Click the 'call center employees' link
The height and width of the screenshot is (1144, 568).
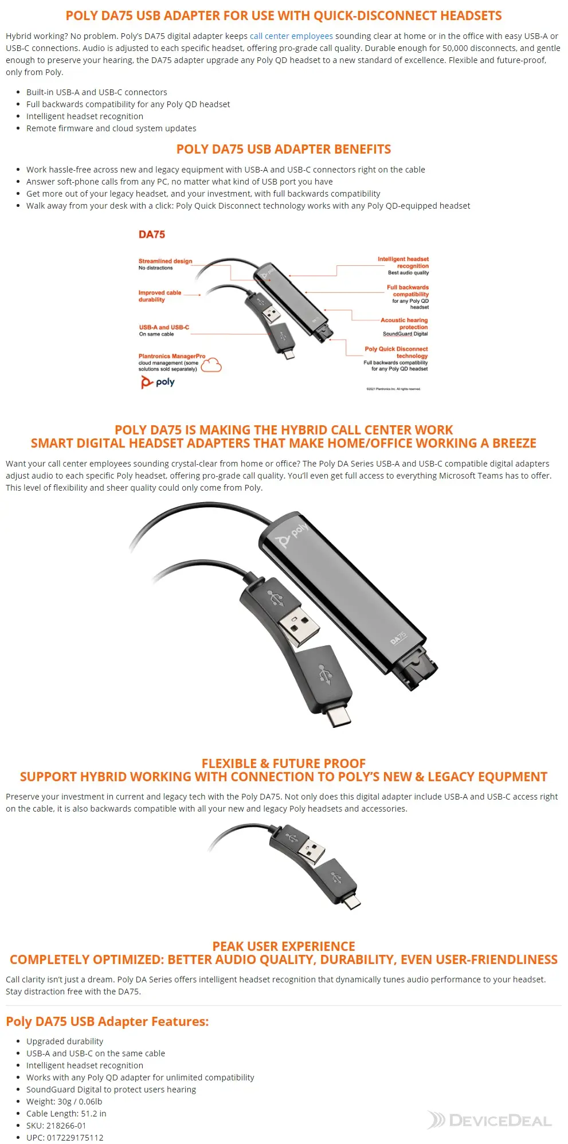[291, 36]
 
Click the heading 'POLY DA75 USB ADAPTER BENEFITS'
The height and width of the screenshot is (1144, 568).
[284, 150]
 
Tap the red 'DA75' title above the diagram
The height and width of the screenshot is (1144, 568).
[152, 234]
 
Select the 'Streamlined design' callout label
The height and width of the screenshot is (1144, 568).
[165, 261]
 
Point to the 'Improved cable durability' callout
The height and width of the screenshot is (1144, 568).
[159, 296]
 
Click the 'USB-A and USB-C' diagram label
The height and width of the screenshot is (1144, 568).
[164, 327]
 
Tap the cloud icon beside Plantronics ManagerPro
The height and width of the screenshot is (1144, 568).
[211, 365]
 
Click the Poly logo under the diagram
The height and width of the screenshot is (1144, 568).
[158, 382]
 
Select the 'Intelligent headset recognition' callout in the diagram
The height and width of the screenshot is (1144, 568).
[403, 263]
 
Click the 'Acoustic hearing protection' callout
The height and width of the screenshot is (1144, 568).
[404, 324]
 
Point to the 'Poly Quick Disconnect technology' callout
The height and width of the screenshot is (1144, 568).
[396, 352]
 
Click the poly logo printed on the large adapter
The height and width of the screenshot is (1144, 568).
[292, 535]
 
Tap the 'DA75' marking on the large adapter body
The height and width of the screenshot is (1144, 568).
[398, 638]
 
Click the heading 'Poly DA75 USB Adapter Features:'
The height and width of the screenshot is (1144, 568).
[107, 1021]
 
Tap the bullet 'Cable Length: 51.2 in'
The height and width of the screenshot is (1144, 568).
[66, 1113]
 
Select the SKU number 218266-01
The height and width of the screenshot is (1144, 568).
[66, 1125]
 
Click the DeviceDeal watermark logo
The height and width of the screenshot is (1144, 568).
[489, 1120]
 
